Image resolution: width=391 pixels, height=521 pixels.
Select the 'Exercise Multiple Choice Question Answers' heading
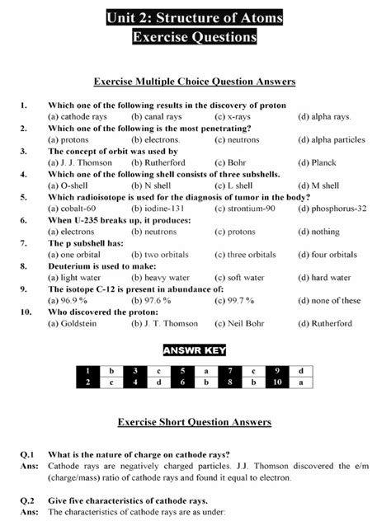[195, 82]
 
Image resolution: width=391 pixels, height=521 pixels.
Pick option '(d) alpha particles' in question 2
[332, 140]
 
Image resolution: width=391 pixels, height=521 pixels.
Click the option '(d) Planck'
[318, 163]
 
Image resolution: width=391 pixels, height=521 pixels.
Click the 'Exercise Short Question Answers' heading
[195, 422]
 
